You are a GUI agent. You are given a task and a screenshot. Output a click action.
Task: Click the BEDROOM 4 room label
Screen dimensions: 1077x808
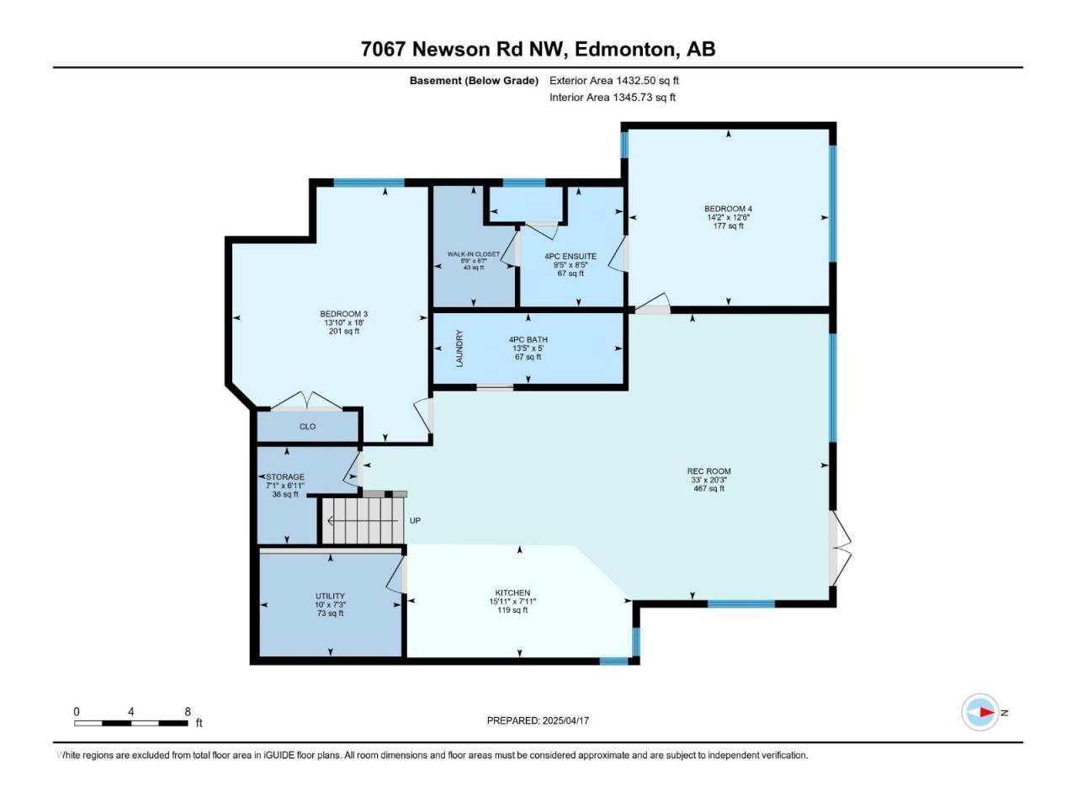(x=728, y=209)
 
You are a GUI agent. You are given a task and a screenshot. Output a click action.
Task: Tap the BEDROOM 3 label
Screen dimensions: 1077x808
(x=343, y=314)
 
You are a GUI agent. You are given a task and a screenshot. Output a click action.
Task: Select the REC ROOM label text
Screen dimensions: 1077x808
(x=708, y=471)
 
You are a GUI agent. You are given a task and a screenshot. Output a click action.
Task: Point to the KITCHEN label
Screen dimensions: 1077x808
(x=512, y=593)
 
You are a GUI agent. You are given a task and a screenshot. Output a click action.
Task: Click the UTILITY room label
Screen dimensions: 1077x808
(x=330, y=596)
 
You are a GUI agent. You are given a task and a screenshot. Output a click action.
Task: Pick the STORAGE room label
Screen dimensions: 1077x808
(x=284, y=477)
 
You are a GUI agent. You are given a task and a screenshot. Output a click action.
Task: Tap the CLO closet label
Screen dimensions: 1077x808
(x=308, y=427)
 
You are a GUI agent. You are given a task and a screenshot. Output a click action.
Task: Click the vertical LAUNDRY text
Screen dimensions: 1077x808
(x=459, y=348)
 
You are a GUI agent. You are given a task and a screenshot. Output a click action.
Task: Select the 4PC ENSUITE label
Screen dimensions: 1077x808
(x=570, y=256)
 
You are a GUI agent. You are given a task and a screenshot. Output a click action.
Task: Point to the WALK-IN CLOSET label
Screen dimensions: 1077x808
(x=473, y=254)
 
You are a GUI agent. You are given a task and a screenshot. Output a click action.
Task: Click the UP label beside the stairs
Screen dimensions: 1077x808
(x=415, y=520)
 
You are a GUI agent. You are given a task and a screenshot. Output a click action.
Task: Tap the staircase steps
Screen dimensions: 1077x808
(x=362, y=520)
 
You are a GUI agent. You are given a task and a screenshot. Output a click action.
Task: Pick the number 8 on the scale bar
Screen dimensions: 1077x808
(x=188, y=711)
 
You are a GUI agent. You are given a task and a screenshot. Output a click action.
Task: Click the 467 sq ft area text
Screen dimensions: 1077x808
(x=708, y=488)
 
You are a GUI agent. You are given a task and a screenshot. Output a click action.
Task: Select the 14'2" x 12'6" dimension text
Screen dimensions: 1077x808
(x=728, y=217)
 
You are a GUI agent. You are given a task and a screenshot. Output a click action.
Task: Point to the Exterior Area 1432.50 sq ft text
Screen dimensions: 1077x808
(x=614, y=81)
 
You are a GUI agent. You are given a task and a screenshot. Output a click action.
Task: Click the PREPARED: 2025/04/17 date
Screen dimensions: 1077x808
(x=538, y=720)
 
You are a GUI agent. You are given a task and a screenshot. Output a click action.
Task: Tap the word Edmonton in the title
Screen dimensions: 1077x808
(x=624, y=50)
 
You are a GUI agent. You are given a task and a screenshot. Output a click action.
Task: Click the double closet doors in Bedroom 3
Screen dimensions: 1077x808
(x=306, y=401)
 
